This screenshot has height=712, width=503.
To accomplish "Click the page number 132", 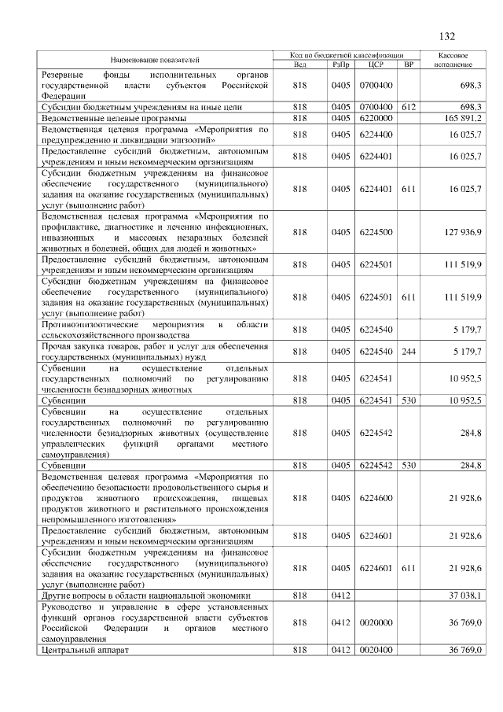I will pyautogui.click(x=447, y=36).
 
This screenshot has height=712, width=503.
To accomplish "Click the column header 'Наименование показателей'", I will pyautogui.click(x=155, y=59).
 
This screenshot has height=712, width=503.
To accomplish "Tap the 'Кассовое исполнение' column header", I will pyautogui.click(x=453, y=59).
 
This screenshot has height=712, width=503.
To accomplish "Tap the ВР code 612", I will pyautogui.click(x=408, y=106).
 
